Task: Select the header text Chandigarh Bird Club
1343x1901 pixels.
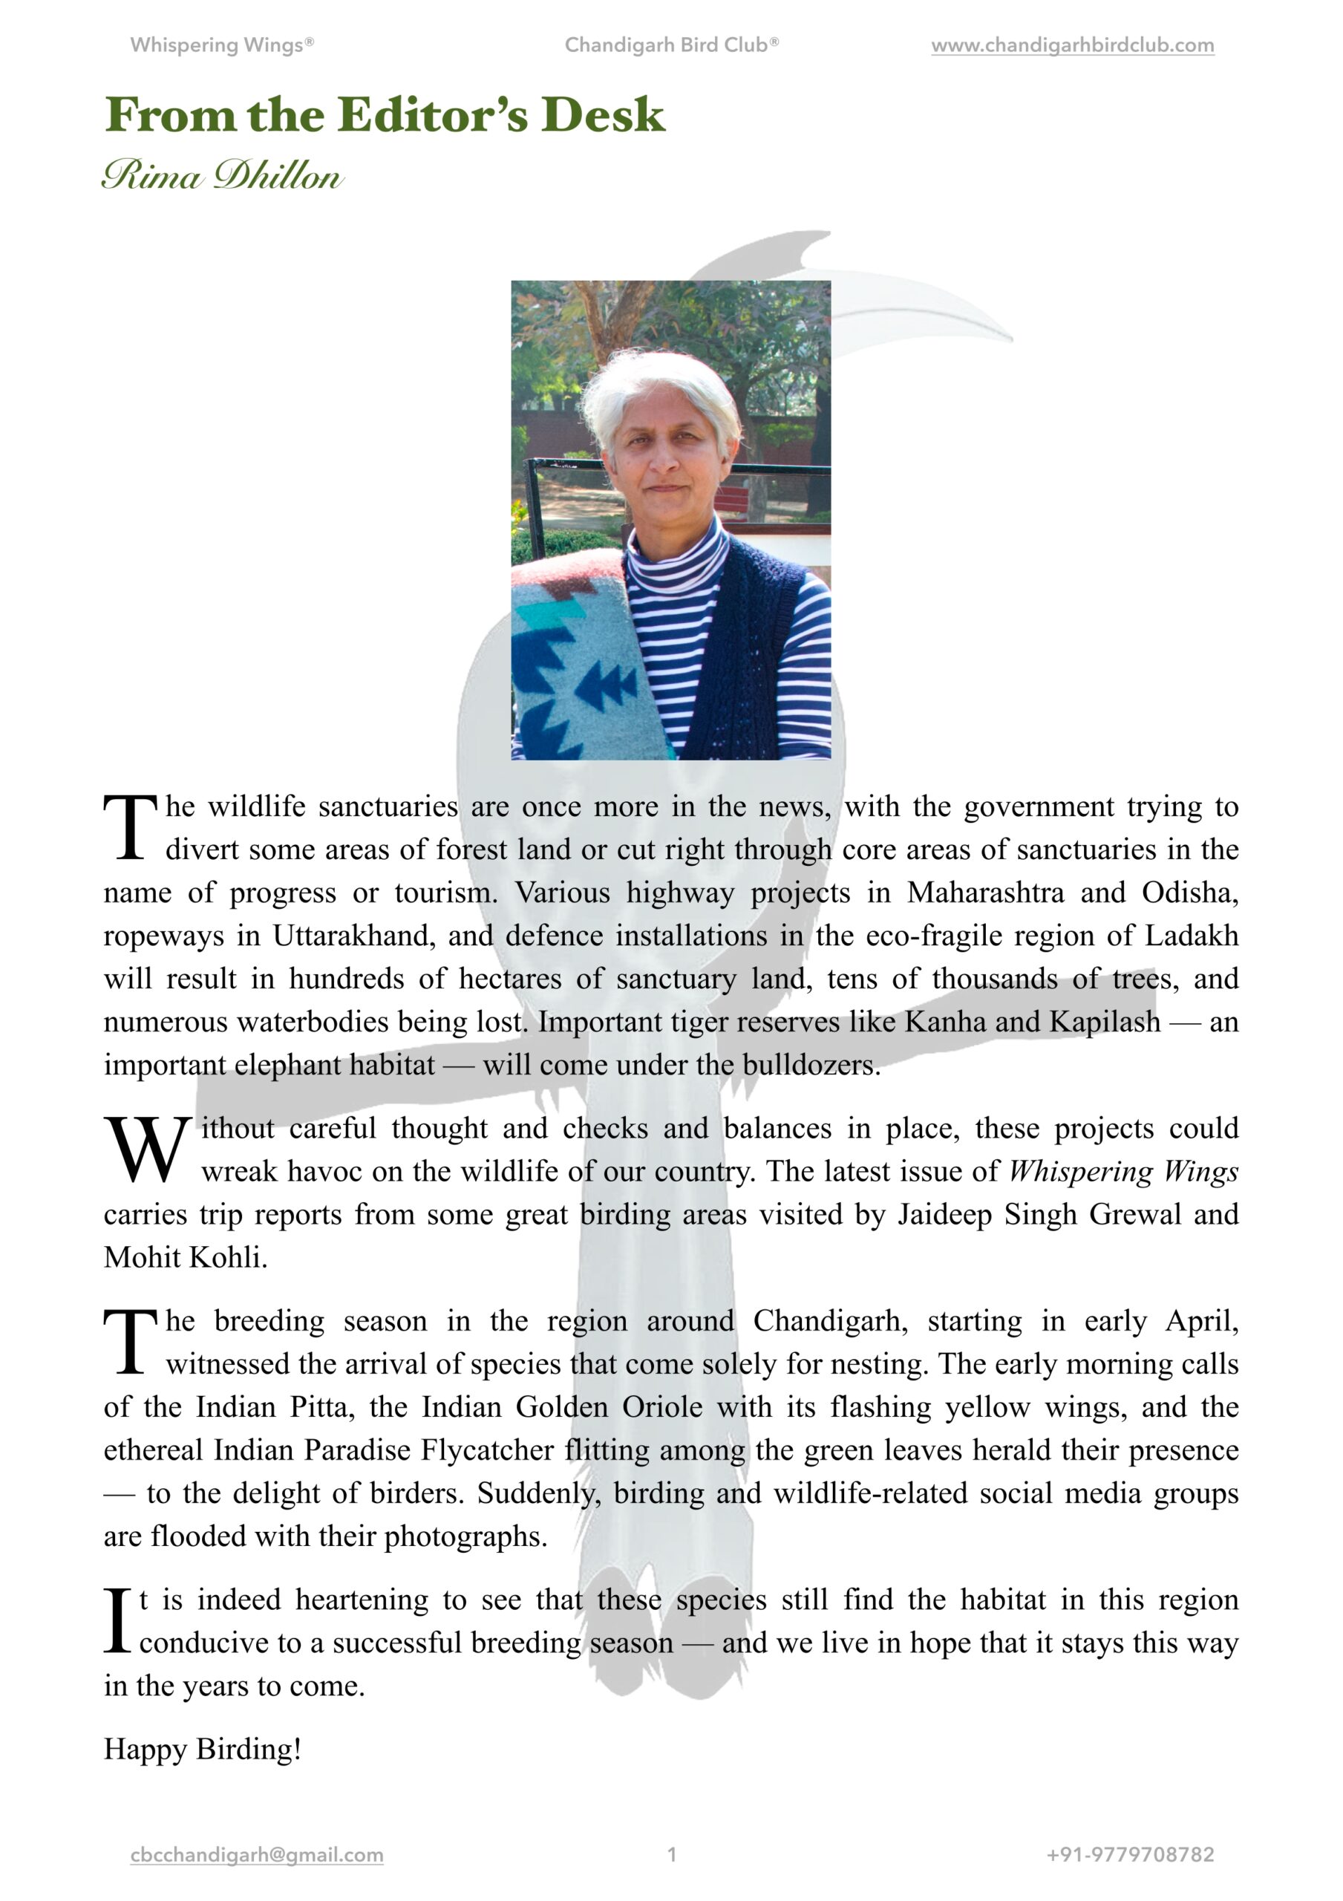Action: [x=670, y=45]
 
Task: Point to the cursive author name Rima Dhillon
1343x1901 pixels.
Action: [x=222, y=175]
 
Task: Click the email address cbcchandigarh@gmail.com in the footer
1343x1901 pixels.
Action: [x=257, y=1855]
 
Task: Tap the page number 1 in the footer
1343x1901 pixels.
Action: [x=671, y=1855]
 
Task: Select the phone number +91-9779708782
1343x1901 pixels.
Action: [x=1130, y=1855]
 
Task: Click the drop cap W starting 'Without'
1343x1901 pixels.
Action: [x=146, y=1150]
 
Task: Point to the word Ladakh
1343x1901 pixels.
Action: [x=1192, y=936]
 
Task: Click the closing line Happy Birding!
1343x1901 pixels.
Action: [x=203, y=1750]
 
